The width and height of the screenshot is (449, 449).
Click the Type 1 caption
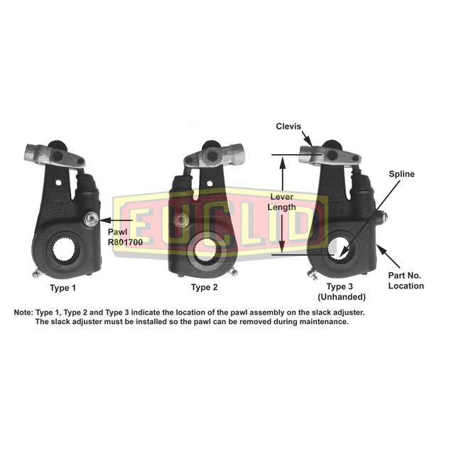[x=63, y=288]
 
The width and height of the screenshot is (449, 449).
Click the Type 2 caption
[x=204, y=287]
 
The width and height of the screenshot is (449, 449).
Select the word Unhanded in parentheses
[x=341, y=297]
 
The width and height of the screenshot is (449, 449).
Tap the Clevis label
[x=288, y=126]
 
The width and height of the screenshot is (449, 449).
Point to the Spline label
[x=401, y=174]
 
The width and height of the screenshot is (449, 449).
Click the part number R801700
[x=125, y=242]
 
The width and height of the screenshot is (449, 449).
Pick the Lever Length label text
[x=282, y=202]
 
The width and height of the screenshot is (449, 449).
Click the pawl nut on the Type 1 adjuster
[x=92, y=220]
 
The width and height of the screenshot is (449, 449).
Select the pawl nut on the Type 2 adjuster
[x=180, y=220]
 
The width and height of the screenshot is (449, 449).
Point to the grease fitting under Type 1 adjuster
[x=37, y=274]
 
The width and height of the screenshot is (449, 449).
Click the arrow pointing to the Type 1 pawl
[x=115, y=220]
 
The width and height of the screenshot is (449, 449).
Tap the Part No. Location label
[x=406, y=281]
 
